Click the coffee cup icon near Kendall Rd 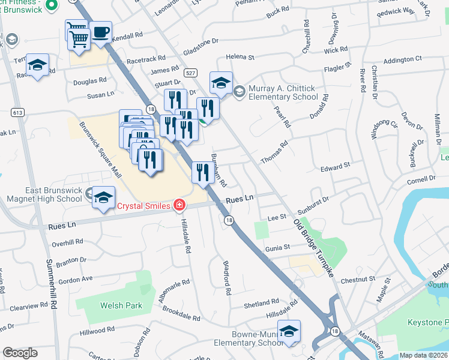click(101, 32)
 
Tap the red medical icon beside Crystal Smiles click(178, 206)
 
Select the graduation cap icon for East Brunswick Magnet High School click(104, 197)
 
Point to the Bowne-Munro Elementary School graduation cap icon click(289, 332)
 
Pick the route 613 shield click(16, 112)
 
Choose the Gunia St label click(278, 247)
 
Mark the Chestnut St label click(358, 279)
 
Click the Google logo click(20, 353)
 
